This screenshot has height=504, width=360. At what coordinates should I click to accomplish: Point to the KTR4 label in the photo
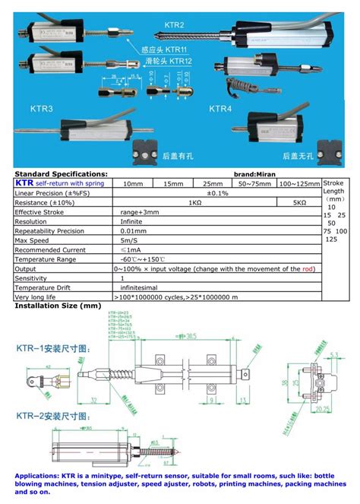click(220, 109)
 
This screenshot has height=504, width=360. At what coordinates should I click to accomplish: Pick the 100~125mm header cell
click(298, 183)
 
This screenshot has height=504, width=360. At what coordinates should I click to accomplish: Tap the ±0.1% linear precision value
click(217, 193)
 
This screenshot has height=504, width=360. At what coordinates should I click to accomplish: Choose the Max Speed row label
click(34, 239)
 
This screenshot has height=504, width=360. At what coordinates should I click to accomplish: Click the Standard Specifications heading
click(62, 173)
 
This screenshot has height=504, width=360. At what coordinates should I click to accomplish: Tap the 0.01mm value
click(130, 230)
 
